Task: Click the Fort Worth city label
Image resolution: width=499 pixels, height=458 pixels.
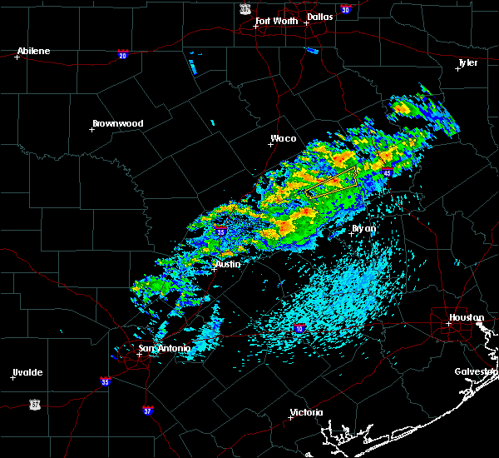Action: (276, 20)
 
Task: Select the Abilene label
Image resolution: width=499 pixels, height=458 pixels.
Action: (33, 51)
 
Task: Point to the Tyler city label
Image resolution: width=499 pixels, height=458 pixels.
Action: (467, 62)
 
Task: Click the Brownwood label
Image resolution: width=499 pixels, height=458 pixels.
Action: (117, 123)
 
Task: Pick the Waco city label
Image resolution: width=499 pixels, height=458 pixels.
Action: (283, 139)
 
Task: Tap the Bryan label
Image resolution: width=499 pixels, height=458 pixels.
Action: (363, 227)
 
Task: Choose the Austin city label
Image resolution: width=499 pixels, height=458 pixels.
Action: (227, 264)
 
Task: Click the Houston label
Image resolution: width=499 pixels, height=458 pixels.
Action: (466, 317)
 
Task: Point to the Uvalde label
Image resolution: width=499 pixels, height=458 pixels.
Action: (27, 372)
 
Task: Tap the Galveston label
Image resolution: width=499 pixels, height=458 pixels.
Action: (475, 371)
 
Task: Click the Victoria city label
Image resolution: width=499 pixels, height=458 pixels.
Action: (305, 413)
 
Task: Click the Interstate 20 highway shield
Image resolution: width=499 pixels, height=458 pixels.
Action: (122, 55)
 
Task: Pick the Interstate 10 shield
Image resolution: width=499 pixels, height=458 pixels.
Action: (298, 330)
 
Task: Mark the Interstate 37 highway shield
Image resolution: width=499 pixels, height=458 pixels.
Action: (147, 410)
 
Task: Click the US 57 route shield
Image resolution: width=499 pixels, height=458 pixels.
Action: (34, 403)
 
